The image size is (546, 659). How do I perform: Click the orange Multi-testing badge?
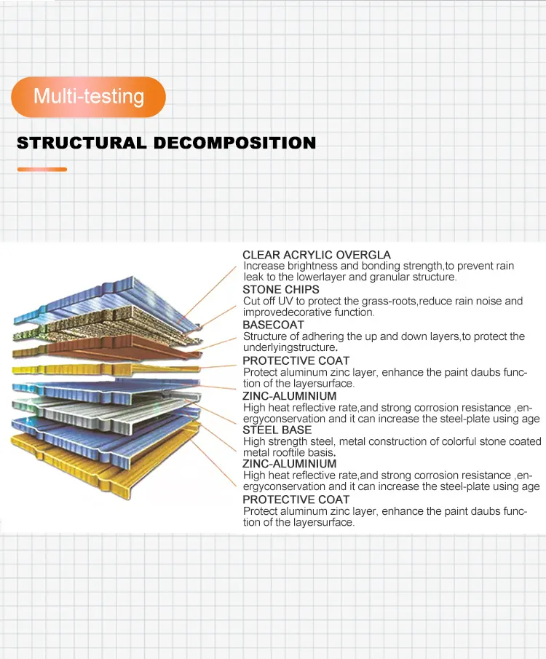point(88,97)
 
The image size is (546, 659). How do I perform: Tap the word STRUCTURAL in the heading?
point(82,143)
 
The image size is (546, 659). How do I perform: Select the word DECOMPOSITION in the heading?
point(234,143)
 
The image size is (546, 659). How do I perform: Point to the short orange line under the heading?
point(42,170)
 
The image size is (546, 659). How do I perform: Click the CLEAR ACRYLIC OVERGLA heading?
point(317,255)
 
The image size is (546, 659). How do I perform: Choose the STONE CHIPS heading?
point(281,290)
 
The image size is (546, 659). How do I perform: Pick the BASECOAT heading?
point(273,325)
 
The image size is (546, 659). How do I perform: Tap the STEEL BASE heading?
point(277,430)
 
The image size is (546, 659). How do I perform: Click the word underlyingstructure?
point(289,347)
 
